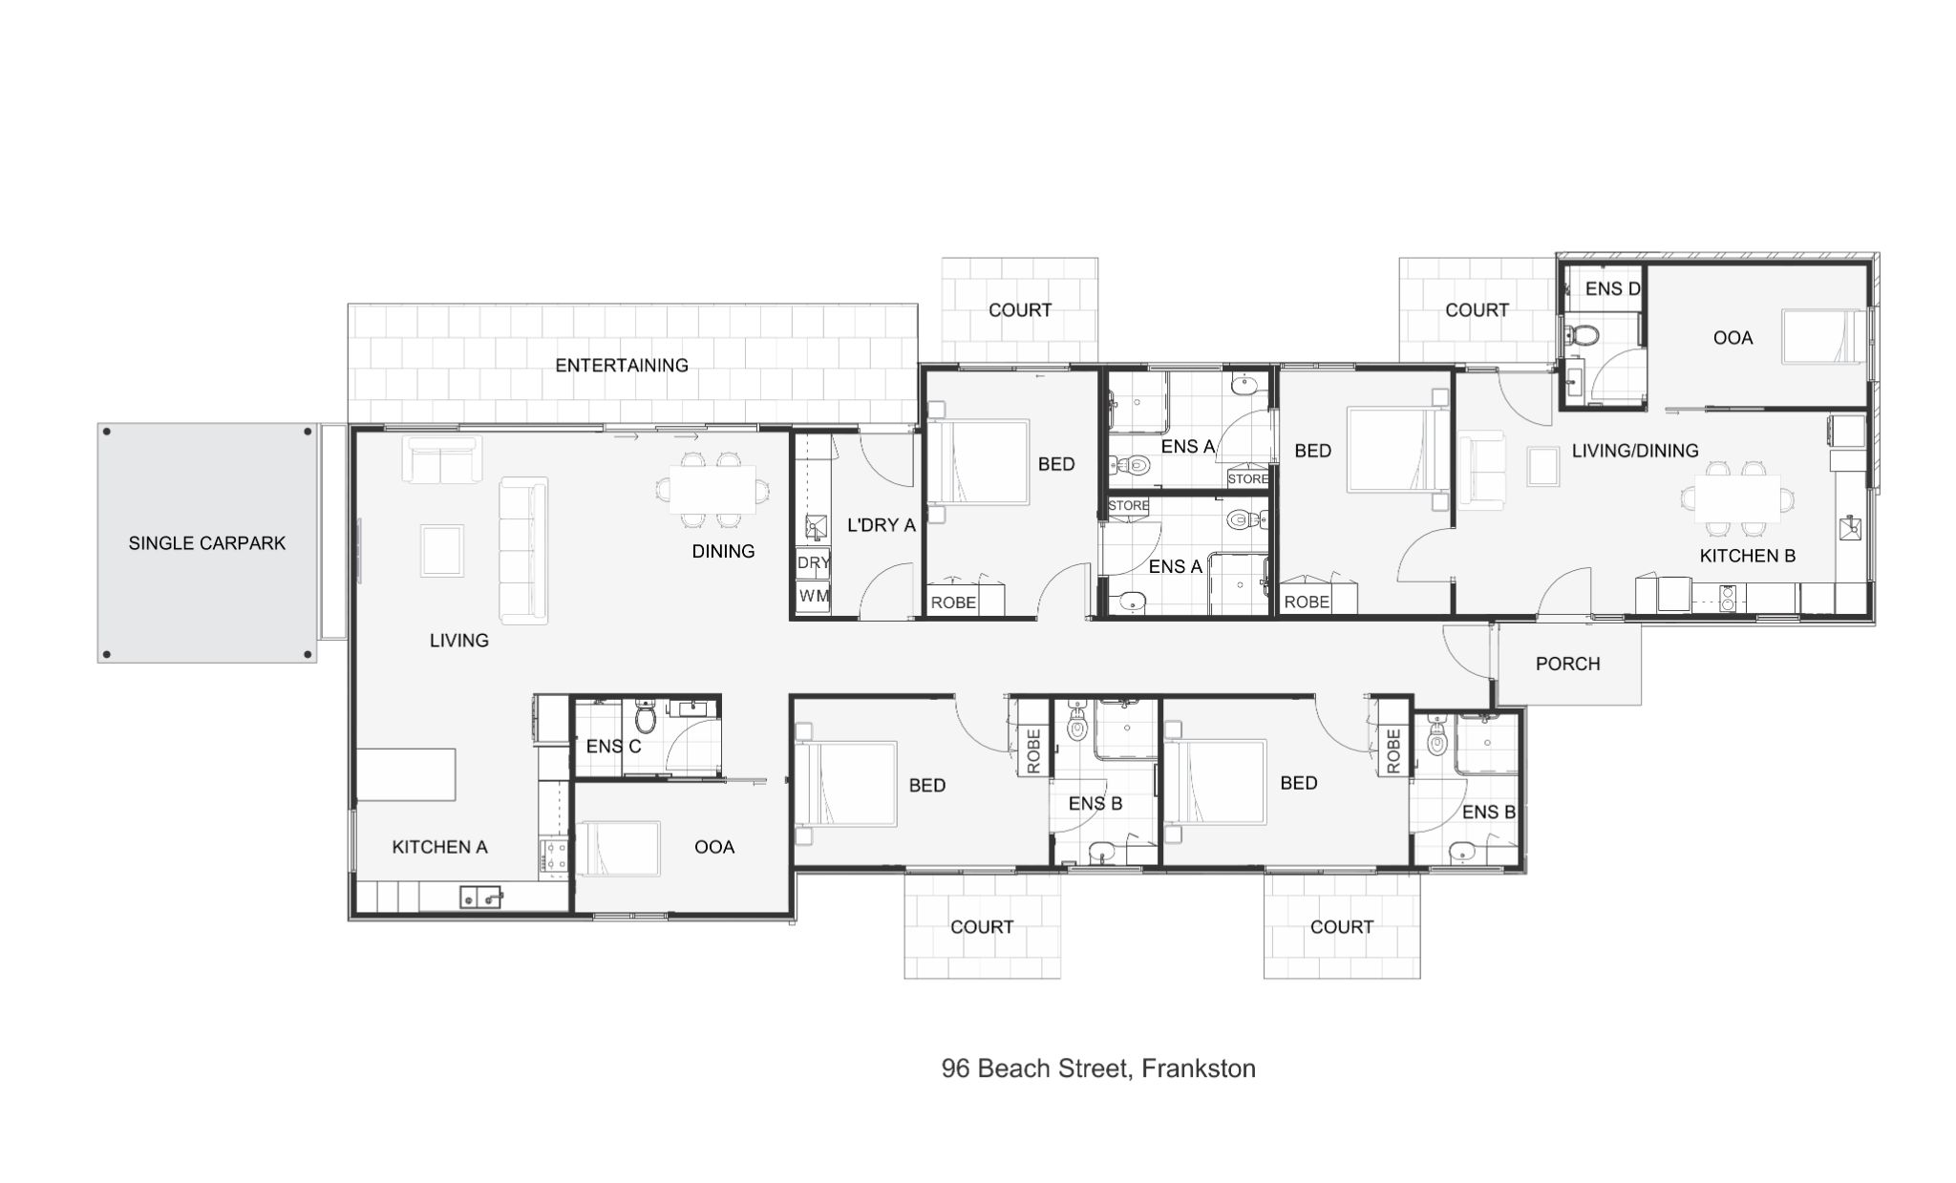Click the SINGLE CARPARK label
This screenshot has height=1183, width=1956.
207,543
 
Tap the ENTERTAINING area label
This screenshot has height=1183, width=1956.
622,365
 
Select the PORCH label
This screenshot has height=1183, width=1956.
1567,664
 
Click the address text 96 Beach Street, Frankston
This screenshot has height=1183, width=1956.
1098,1068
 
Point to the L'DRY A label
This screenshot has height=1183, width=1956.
881,524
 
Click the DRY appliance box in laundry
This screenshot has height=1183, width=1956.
813,562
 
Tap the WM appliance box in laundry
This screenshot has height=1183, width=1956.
813,596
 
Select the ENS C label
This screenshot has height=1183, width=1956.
613,746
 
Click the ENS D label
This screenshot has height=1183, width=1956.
1612,288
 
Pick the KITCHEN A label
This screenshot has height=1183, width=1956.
439,847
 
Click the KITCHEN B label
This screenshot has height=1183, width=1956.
1747,556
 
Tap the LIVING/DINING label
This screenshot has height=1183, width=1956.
1635,451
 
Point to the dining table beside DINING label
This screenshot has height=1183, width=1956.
712,490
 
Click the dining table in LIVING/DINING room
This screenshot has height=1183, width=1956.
1737,497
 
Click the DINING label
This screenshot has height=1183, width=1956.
723,551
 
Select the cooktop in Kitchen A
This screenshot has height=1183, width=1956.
554,856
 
